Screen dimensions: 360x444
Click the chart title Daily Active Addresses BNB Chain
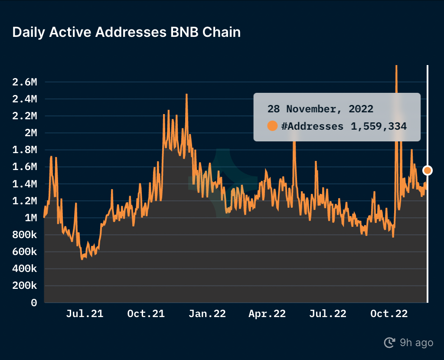click(126, 32)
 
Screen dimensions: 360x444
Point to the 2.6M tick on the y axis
click(25, 82)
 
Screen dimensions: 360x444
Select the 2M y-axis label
click(31, 133)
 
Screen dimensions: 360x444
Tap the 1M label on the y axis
click(31, 218)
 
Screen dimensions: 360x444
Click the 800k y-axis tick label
click(25, 235)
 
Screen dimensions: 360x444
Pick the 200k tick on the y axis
click(25, 286)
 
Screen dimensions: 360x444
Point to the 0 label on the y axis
click(34, 303)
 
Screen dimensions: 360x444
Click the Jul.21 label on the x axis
click(85, 314)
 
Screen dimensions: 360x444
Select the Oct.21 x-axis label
click(146, 314)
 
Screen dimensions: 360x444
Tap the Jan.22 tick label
click(207, 314)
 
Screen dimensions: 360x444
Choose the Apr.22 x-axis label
click(267, 314)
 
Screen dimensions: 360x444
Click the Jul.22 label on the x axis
click(328, 314)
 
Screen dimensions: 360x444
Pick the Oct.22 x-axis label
click(389, 314)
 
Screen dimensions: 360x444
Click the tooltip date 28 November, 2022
click(320, 108)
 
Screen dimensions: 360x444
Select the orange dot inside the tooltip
click(272, 126)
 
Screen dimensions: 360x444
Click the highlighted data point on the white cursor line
click(428, 170)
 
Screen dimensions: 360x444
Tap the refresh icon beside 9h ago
click(389, 343)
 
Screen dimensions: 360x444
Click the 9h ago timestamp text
click(416, 343)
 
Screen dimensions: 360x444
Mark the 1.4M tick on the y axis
click(25, 184)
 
